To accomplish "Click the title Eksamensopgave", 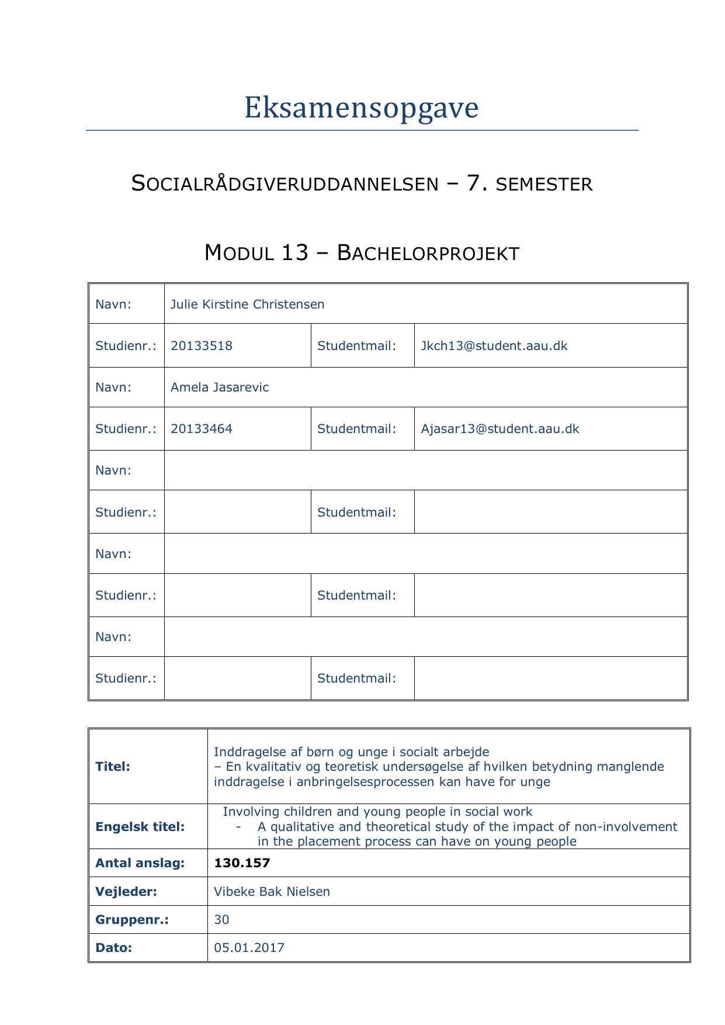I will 361,108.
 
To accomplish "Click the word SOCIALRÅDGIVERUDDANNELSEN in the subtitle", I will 285,184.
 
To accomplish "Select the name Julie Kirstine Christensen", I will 247,304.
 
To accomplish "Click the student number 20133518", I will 202,346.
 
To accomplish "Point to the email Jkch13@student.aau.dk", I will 494,346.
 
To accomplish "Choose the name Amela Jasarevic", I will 220,387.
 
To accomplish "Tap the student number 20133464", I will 202,429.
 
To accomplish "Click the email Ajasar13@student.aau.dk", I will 500,429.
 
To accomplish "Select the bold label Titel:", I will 113,767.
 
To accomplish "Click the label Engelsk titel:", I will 140,827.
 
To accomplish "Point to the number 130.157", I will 242,863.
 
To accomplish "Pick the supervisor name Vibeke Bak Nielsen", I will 272,892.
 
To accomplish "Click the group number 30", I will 221,920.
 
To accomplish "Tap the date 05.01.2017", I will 249,948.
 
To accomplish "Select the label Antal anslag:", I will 140,863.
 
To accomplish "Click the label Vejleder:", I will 126,892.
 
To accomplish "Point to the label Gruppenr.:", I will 132,920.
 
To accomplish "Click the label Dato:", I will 114,948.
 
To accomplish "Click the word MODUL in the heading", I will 240,254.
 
